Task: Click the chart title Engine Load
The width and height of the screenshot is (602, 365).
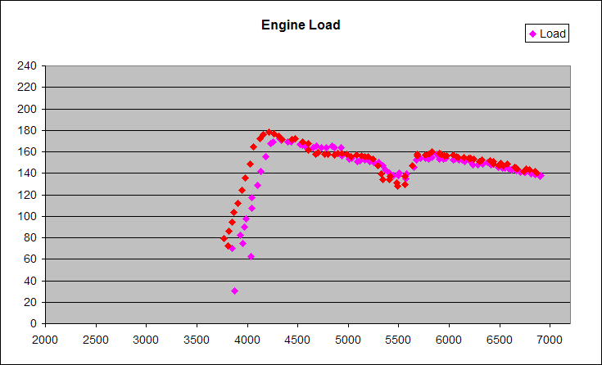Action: click(x=301, y=25)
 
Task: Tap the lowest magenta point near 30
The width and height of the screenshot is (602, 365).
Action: click(x=234, y=291)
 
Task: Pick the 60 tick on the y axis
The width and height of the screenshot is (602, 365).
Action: click(x=29, y=259)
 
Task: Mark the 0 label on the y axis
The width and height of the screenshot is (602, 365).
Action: click(x=33, y=323)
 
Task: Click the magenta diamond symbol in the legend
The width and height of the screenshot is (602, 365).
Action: click(x=533, y=34)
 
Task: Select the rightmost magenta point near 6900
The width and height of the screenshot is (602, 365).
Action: click(x=541, y=176)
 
